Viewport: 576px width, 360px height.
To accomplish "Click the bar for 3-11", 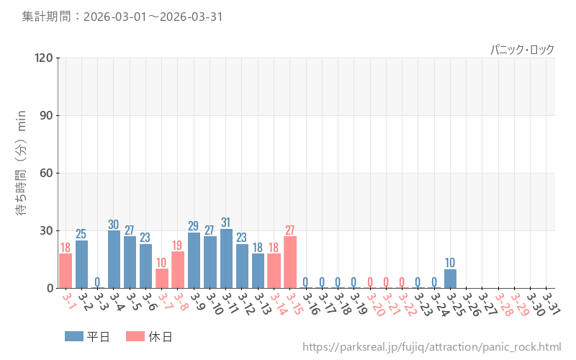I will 226,258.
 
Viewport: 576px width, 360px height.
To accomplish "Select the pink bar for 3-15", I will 290,262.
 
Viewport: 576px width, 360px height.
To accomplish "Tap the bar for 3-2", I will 81,264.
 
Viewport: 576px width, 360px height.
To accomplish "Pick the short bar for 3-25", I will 450,279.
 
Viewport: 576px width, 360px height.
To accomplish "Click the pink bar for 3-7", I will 162,279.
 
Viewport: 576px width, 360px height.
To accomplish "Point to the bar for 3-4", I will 114,259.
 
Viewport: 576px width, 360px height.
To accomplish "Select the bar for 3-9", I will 194,260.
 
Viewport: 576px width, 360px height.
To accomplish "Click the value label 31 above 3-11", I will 226,222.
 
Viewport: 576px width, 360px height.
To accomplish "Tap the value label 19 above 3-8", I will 178,246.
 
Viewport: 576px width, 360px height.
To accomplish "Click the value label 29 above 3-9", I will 194,226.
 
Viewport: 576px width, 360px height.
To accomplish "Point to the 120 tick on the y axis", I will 45,58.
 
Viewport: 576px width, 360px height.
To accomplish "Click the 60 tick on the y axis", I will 48,173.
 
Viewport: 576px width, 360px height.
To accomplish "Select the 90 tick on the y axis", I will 48,115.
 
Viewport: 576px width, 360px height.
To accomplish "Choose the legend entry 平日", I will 86,336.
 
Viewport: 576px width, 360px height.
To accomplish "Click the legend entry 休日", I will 148,336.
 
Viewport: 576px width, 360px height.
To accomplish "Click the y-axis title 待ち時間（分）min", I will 22,173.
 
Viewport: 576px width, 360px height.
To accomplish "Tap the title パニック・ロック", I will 522,50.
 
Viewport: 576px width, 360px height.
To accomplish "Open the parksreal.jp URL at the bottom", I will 431,348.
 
